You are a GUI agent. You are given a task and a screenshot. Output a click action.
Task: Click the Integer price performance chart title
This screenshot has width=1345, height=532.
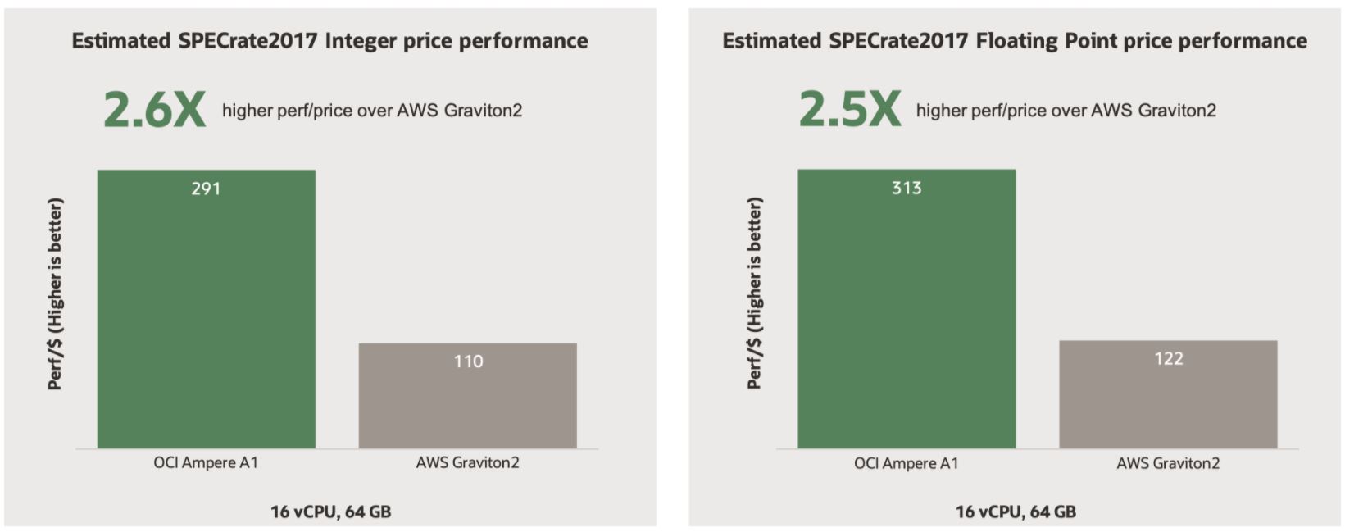point(329,41)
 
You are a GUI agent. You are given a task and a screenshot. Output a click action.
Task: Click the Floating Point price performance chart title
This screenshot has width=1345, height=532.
point(1014,41)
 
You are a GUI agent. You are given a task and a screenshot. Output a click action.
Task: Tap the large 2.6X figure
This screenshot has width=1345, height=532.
point(154,110)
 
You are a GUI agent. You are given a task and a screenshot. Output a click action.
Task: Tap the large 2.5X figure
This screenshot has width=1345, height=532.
point(849,110)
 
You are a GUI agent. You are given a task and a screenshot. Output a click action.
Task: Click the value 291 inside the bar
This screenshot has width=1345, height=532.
point(206,189)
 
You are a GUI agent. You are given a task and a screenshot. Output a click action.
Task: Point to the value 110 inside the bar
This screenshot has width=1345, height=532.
point(468,361)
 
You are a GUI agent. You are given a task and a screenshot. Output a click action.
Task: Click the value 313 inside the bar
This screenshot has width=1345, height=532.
point(907,188)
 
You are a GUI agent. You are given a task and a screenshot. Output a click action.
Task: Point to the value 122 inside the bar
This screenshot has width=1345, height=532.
point(1168,358)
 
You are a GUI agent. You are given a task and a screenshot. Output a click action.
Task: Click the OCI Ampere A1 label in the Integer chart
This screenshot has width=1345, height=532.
point(206,462)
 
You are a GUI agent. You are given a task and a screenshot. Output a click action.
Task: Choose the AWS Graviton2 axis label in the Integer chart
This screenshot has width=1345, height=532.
point(467,462)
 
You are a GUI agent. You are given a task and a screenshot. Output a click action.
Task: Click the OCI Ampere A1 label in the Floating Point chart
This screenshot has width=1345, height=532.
point(906,463)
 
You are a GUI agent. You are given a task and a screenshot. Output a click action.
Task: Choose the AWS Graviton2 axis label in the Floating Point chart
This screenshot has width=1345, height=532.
point(1167,463)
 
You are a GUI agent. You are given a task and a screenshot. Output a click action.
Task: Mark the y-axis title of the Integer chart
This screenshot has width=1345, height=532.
point(55,293)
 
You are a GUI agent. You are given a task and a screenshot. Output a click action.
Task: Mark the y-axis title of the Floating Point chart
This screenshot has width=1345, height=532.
point(755,293)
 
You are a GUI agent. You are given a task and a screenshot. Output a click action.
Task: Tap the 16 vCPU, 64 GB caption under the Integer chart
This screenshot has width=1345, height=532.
point(330,512)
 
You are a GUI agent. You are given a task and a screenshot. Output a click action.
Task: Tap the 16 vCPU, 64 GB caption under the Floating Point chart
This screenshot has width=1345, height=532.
point(1015,512)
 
